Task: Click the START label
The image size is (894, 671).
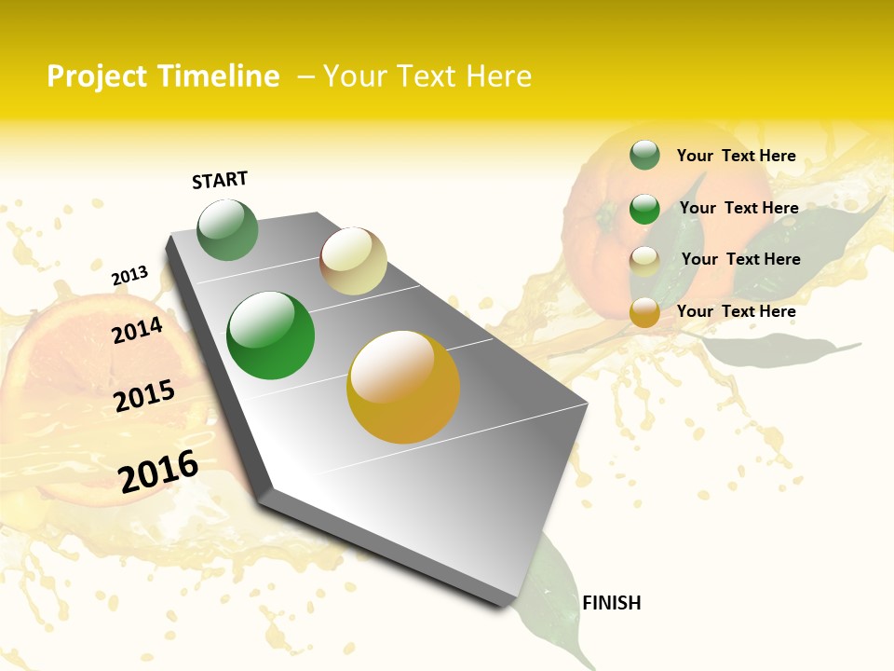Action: tap(220, 180)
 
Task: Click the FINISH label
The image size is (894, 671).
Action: tap(612, 603)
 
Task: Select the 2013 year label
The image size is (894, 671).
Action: tap(129, 276)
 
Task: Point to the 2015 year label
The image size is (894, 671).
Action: tap(144, 396)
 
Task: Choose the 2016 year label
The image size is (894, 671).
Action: tap(158, 472)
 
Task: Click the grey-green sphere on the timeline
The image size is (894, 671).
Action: tap(227, 230)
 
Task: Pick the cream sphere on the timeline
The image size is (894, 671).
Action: tap(353, 261)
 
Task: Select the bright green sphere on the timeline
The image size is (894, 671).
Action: tap(271, 335)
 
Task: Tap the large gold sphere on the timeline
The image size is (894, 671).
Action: tap(403, 387)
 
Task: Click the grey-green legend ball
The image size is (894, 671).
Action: tap(644, 155)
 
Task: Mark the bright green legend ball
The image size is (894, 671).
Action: tap(644, 209)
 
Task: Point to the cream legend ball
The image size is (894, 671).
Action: tap(644, 261)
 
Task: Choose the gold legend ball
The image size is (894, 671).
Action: tap(644, 312)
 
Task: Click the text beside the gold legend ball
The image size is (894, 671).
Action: tap(736, 311)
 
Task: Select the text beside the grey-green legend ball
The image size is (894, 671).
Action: tap(736, 156)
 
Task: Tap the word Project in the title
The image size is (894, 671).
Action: tap(98, 76)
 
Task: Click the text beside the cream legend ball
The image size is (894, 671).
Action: tap(740, 259)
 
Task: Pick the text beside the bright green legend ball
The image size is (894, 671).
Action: tap(738, 208)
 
